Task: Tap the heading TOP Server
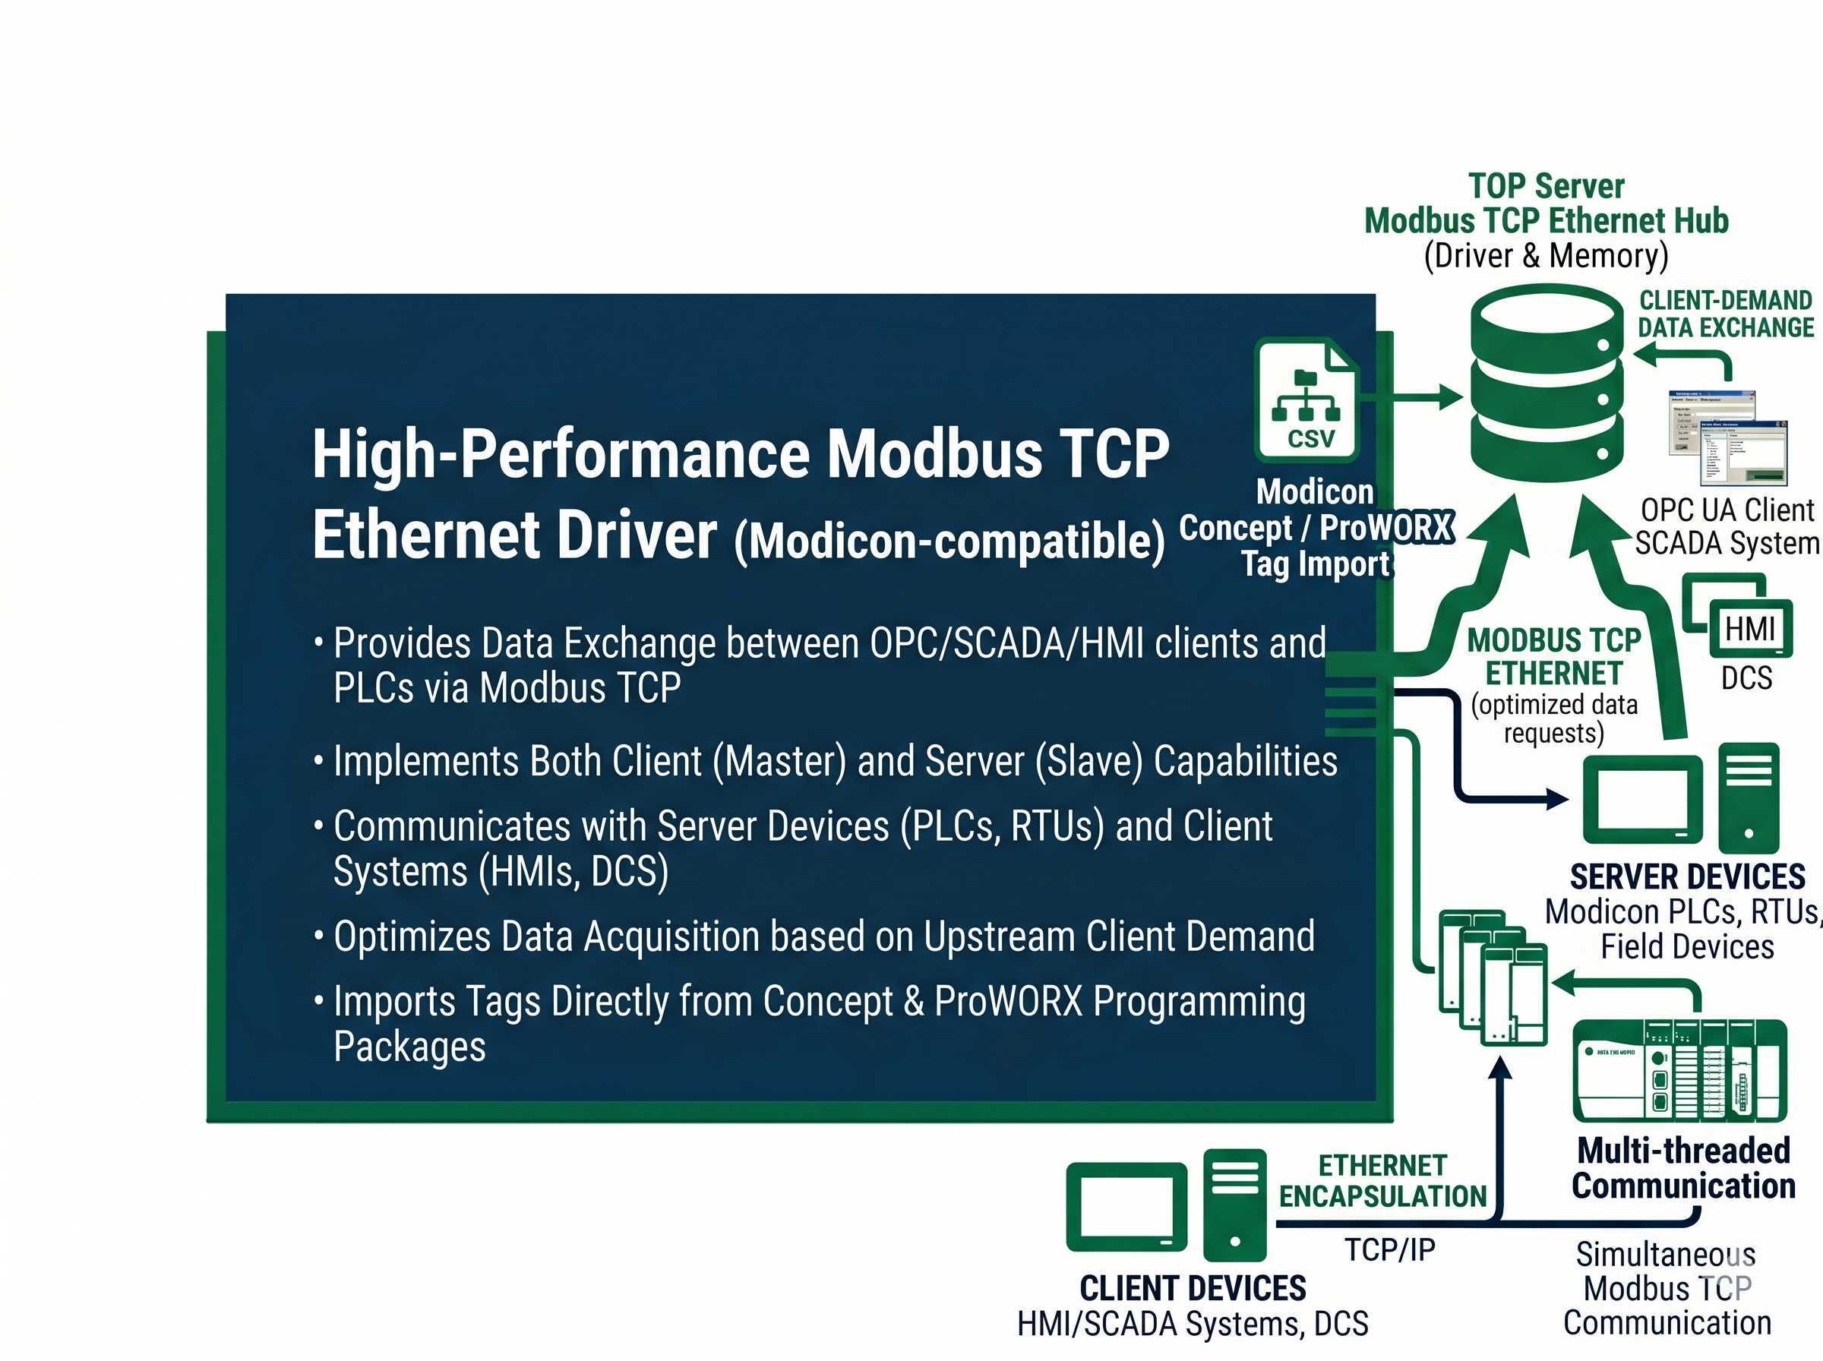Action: (1546, 186)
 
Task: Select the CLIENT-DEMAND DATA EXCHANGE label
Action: (1725, 314)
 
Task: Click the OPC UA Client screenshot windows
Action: (1727, 437)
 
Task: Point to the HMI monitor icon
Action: (1749, 629)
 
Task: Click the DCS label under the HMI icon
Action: (1746, 678)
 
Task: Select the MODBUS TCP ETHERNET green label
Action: (1553, 657)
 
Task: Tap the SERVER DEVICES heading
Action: (1687, 876)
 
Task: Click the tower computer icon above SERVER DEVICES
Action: (1748, 797)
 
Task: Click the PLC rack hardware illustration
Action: (1679, 1070)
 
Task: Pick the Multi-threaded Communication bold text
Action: (1683, 1168)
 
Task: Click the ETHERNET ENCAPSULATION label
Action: (1382, 1180)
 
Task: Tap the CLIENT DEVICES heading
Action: (1192, 1287)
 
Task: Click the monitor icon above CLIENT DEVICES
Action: (1126, 1207)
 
